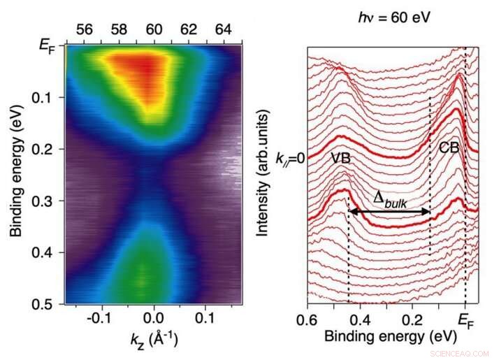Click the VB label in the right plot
[x=340, y=159]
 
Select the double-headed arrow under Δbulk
[x=389, y=210]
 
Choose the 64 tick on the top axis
[x=223, y=30]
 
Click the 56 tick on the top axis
[x=85, y=30]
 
